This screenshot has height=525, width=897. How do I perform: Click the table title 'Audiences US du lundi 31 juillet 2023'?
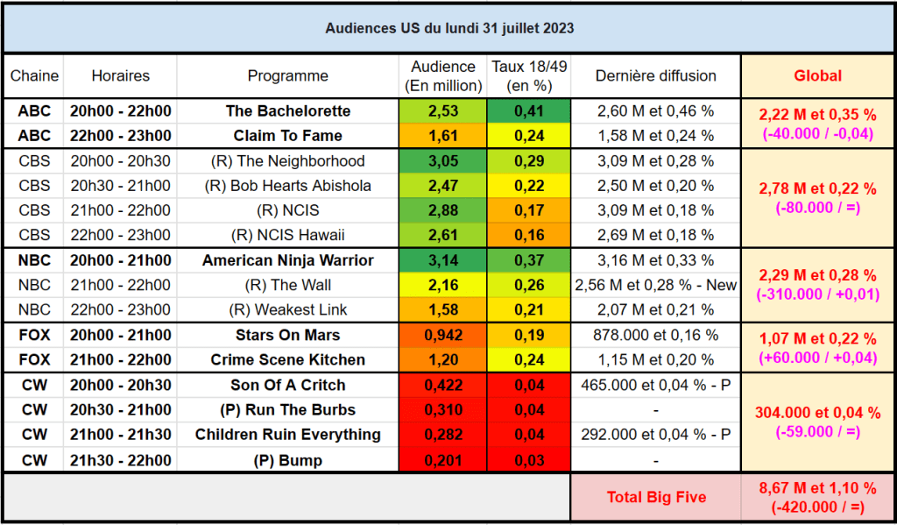[x=449, y=28]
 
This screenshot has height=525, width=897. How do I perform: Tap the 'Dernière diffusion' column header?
[x=655, y=76]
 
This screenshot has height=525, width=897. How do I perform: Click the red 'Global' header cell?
[x=817, y=76]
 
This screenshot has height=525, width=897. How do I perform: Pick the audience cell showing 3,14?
[x=442, y=260]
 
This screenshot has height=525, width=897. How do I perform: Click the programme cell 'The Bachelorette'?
[x=288, y=111]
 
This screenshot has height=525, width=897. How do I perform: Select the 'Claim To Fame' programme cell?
[x=288, y=136]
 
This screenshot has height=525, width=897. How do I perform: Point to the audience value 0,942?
[x=442, y=335]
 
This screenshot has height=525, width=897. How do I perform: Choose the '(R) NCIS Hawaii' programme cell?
[x=288, y=235]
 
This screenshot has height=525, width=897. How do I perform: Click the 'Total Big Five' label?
[x=656, y=497]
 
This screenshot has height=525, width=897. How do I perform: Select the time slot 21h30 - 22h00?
[x=120, y=460]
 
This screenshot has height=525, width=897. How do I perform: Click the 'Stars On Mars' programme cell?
[x=288, y=335]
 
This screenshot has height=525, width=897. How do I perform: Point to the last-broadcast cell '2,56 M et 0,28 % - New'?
[x=655, y=285]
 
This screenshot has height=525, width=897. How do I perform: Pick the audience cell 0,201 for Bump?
[x=442, y=460]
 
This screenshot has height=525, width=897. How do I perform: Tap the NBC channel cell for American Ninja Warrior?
[x=34, y=260]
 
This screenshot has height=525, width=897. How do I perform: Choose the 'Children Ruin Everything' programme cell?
[x=288, y=435]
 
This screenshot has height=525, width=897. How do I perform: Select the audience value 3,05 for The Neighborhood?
[x=442, y=161]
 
